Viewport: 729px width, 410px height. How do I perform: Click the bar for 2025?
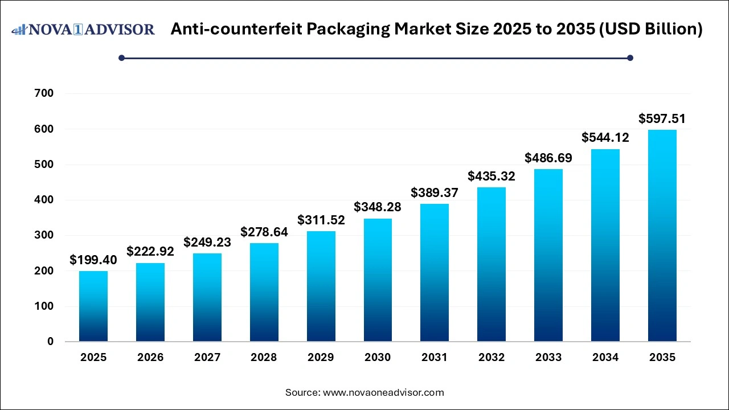pos(93,306)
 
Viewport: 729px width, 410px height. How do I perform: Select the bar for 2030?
pos(378,280)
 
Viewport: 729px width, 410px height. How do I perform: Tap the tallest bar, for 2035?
pos(662,236)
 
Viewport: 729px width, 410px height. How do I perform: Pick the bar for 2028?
pos(264,292)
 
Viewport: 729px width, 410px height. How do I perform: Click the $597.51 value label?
pos(662,119)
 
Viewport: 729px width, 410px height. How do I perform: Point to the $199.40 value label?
pos(93,260)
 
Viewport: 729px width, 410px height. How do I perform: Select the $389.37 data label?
pos(435,193)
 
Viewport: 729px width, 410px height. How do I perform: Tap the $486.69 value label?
pos(548,158)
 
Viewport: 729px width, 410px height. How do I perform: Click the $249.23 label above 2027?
pos(207,243)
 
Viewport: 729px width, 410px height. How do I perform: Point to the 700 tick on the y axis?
pos(44,93)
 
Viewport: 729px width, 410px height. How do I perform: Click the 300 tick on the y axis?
pos(44,235)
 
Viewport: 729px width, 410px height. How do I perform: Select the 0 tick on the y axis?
pos(51,342)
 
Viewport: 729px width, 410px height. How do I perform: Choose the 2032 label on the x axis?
pos(492,358)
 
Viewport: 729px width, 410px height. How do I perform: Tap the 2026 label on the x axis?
pos(150,358)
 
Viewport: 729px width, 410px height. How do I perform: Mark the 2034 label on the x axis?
pos(605,358)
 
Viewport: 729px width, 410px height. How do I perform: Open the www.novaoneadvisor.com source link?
pos(383,392)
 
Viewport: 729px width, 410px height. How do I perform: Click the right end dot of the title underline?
pos(630,58)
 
